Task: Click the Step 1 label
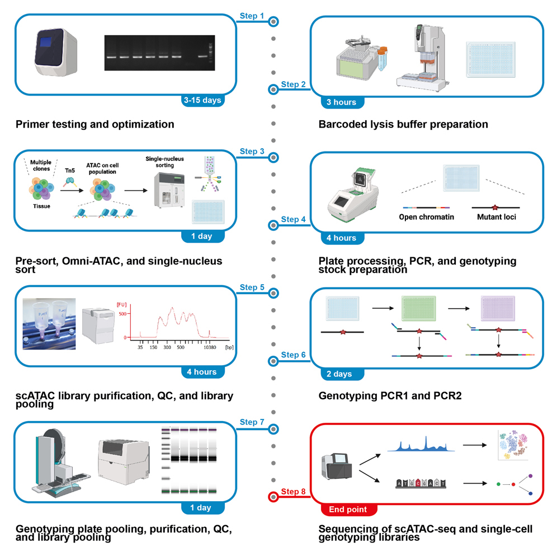[x=252, y=16]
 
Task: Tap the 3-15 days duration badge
[x=202, y=101]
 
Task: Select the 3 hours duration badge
[x=341, y=102]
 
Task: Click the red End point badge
[x=348, y=509]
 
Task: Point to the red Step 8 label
[x=293, y=492]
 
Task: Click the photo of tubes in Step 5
[x=49, y=324]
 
